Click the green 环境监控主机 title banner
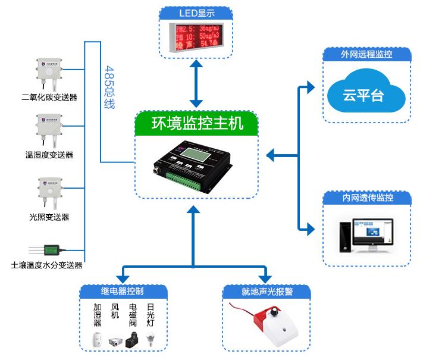coord(198,125)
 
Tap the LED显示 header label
coord(196,13)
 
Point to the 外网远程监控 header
coord(366,55)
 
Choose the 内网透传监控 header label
coord(367,198)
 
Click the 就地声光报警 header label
coord(267,292)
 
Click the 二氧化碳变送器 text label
coord(49,97)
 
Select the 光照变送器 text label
coord(49,217)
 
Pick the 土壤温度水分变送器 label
coord(47,265)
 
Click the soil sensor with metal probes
coord(49,249)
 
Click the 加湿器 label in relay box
coord(98,315)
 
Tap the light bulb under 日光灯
coord(151,341)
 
